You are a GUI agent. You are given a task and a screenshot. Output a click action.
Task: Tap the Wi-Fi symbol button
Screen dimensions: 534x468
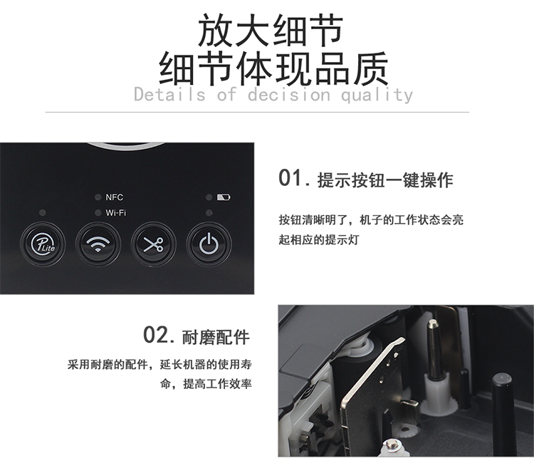(98, 244)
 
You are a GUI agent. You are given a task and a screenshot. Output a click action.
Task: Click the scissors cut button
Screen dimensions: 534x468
(153, 244)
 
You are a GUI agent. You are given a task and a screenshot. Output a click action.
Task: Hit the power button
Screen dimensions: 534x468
(209, 244)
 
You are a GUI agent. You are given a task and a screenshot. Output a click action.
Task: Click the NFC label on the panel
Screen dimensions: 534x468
(115, 197)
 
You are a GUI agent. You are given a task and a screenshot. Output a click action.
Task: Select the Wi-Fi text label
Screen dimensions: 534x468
(116, 212)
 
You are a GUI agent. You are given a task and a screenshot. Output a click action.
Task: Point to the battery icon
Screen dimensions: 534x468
(224, 197)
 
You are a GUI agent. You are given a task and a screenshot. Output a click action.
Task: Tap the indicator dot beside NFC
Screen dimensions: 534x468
(98, 197)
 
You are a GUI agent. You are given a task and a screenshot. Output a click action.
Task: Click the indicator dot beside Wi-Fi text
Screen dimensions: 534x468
(98, 213)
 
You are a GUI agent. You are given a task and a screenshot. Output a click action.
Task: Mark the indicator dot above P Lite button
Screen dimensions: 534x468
(43, 213)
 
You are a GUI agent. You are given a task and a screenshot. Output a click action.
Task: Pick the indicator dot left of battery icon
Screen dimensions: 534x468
(209, 197)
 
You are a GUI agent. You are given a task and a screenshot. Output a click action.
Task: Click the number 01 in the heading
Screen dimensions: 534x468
(290, 178)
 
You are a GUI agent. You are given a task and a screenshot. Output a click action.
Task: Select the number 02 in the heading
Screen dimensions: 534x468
(155, 335)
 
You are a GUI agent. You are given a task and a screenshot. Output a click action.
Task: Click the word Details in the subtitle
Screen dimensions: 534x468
(169, 94)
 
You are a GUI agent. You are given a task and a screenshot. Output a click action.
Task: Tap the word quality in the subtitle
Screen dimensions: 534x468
(377, 95)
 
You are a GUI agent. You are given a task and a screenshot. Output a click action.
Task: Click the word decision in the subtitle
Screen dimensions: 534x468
(289, 94)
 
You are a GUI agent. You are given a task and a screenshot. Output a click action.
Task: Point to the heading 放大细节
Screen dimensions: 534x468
(271, 31)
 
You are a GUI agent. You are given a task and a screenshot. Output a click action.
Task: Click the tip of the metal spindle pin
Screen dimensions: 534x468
(433, 322)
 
